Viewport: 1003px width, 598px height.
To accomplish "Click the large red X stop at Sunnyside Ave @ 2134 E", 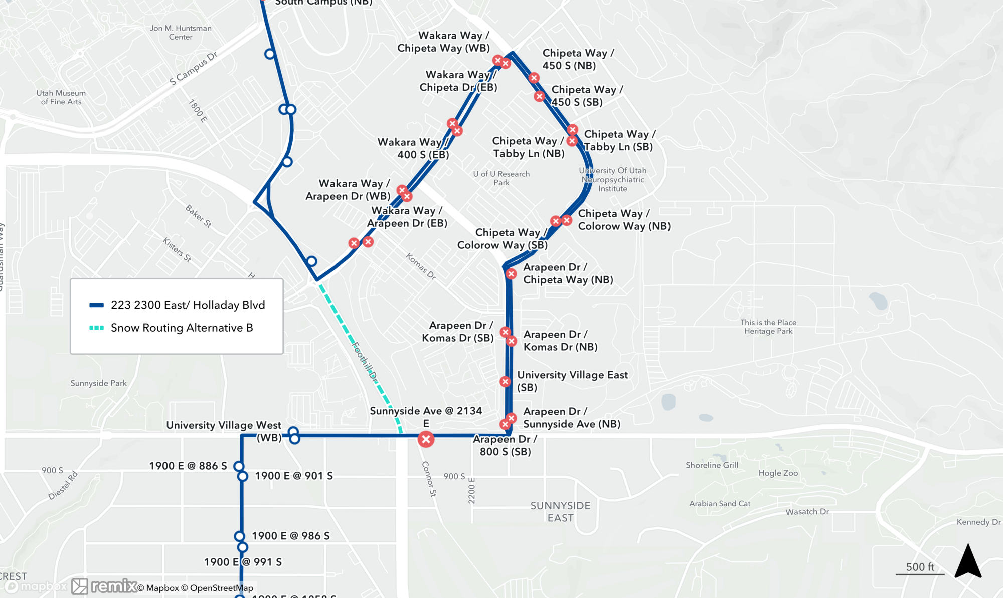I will click(x=426, y=439).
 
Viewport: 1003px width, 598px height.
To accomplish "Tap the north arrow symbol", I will click(x=967, y=561).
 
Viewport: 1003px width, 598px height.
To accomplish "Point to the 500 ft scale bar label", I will click(x=920, y=567).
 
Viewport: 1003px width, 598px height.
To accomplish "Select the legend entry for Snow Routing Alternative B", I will click(x=182, y=328).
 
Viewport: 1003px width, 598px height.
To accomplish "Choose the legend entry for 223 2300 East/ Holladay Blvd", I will click(x=188, y=305).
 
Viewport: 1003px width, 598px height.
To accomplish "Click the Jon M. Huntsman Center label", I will click(x=181, y=33).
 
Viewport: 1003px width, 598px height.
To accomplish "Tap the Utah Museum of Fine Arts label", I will click(x=61, y=97).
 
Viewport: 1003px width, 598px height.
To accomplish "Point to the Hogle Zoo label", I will click(x=778, y=473).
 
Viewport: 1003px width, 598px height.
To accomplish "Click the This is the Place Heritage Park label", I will click(x=768, y=327).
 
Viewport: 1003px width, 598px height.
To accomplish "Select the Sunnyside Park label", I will click(x=98, y=383).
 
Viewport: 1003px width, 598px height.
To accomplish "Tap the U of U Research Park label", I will click(x=501, y=178).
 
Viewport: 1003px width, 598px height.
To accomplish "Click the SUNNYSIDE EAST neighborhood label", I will click(x=560, y=512).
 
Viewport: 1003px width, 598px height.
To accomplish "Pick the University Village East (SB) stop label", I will click(x=572, y=381).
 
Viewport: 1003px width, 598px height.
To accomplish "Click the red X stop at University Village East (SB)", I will click(x=505, y=382).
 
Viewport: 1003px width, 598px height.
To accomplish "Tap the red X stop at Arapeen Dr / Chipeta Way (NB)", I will click(x=511, y=274).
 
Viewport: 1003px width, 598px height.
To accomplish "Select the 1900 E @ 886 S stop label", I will click(x=188, y=466).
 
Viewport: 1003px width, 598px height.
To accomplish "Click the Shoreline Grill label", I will click(x=712, y=465).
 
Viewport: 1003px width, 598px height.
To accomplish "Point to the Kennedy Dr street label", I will click(x=978, y=522).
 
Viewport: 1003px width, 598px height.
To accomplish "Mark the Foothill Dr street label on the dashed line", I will click(x=365, y=362).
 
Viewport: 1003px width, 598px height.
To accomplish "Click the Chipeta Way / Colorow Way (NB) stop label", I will click(x=624, y=220).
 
